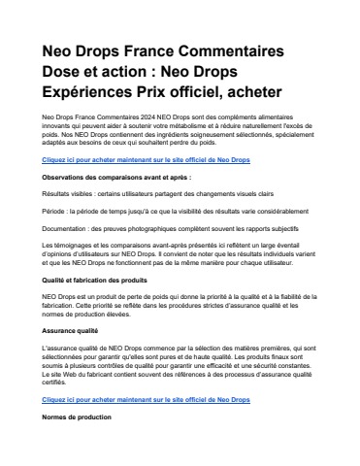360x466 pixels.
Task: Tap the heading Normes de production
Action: [75, 416]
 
